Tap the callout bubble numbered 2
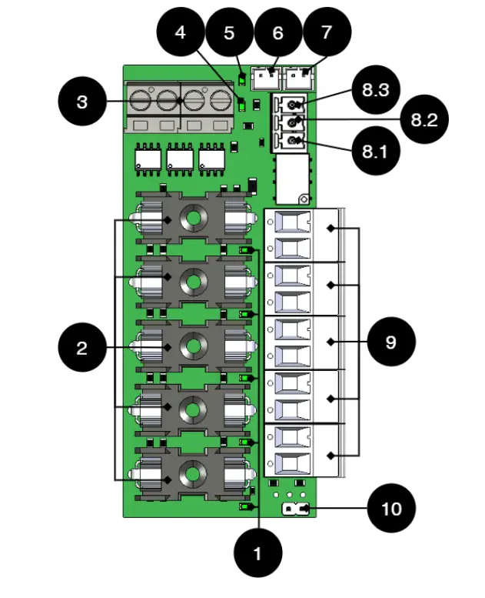(82, 348)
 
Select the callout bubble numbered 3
(82, 102)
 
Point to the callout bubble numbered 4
(180, 33)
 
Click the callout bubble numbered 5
(229, 33)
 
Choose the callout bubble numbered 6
(278, 33)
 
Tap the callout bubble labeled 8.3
(377, 91)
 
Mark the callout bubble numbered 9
(391, 342)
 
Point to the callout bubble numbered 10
(391, 509)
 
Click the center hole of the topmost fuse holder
(194, 220)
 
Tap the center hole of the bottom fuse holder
(194, 472)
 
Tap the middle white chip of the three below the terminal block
(179, 159)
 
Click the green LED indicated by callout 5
(241, 79)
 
